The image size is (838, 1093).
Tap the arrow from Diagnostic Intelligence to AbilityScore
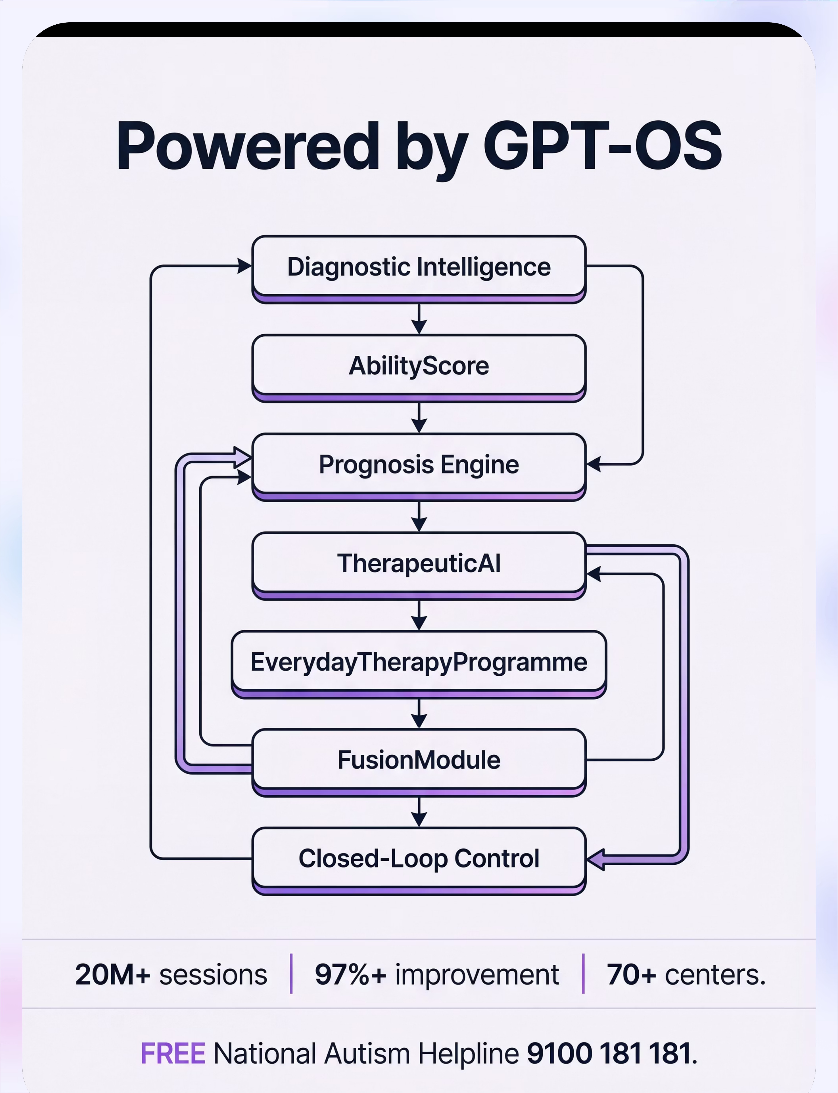coord(419,318)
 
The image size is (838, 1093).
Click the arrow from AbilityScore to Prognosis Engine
coord(419,417)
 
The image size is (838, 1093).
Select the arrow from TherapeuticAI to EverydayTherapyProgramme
coord(419,615)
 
